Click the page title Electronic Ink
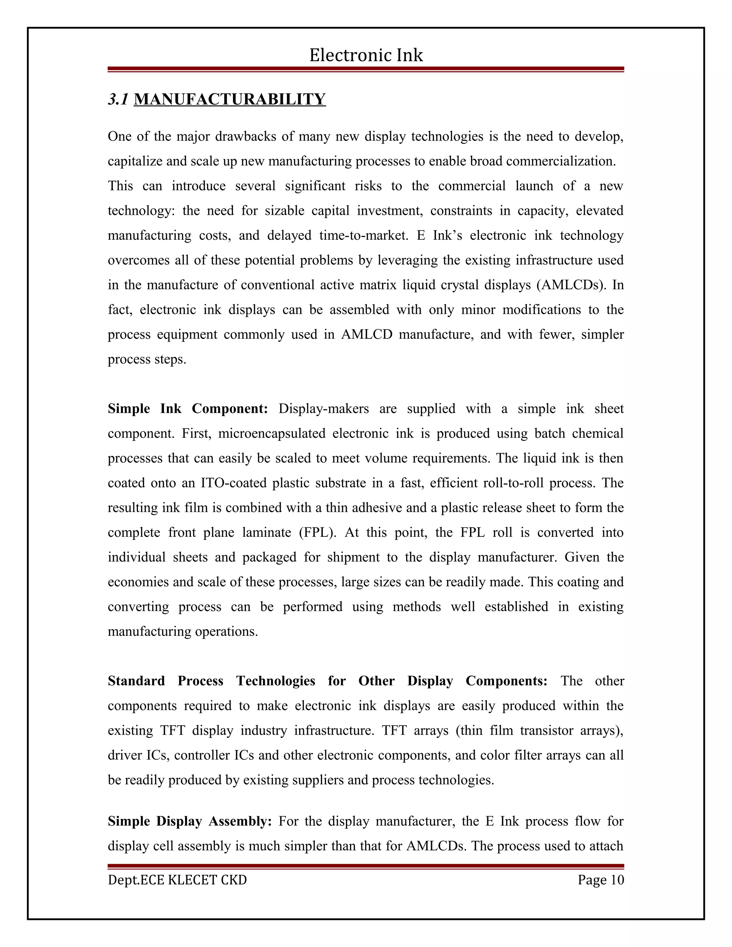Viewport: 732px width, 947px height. [x=366, y=55]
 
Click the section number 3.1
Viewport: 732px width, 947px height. [x=118, y=99]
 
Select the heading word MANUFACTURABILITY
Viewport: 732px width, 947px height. [x=229, y=99]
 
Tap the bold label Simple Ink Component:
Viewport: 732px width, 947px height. [x=187, y=408]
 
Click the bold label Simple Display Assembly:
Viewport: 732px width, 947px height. [x=189, y=821]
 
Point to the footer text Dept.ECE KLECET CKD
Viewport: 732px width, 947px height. [x=177, y=880]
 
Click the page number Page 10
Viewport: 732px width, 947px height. [x=600, y=880]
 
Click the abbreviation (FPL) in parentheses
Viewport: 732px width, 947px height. [x=317, y=532]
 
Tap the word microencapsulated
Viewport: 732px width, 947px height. [x=272, y=433]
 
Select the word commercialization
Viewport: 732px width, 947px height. [x=561, y=161]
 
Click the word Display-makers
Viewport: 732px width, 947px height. [x=323, y=408]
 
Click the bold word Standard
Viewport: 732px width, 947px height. [x=136, y=681]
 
